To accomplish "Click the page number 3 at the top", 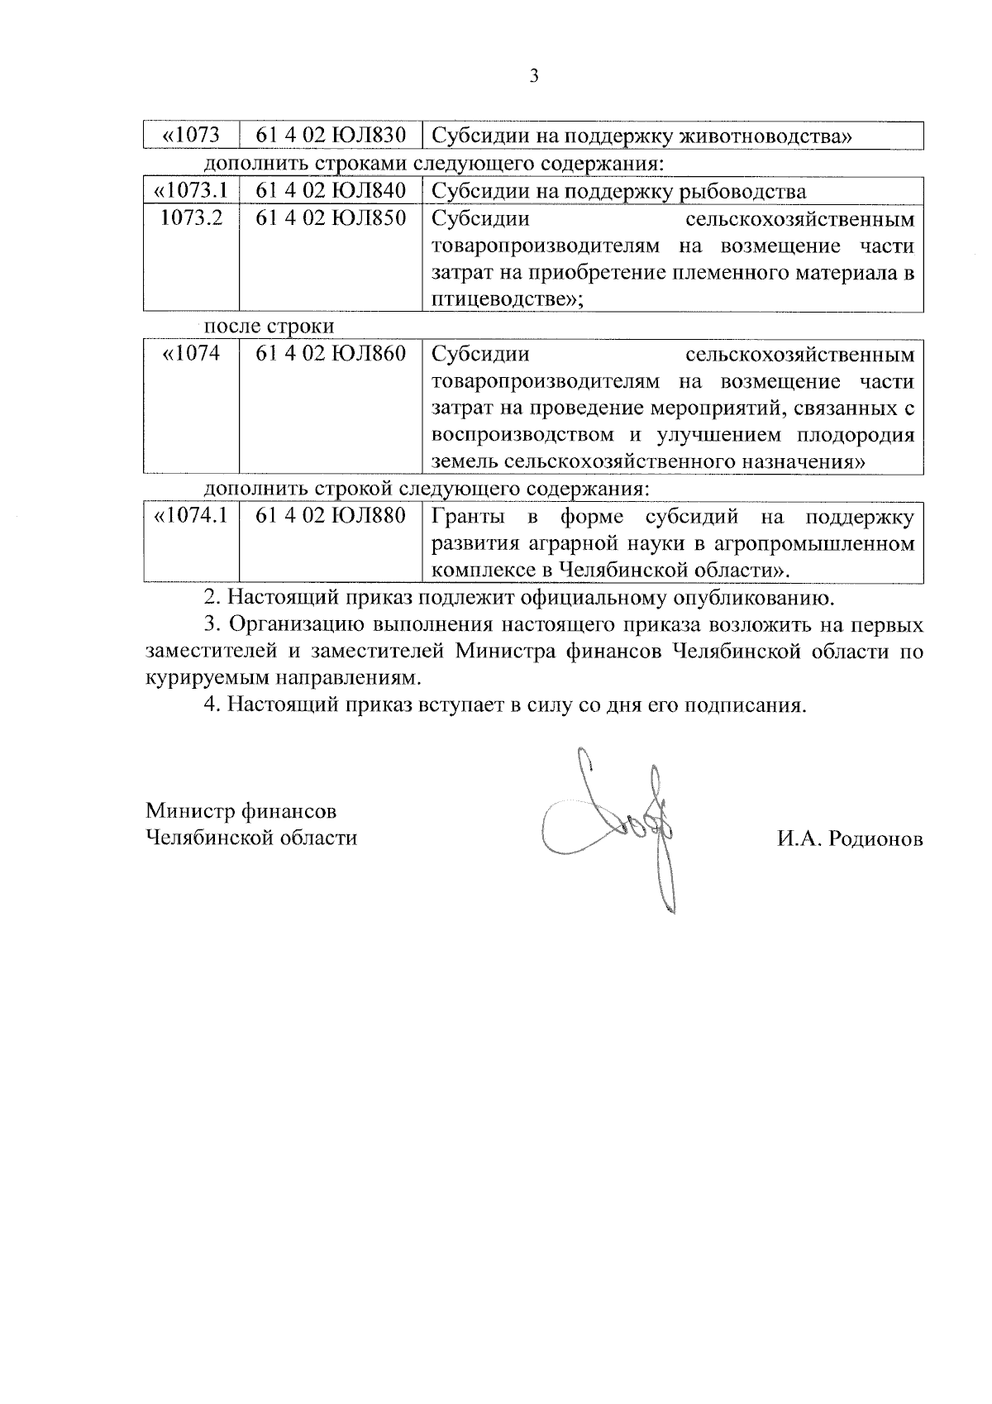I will pyautogui.click(x=533, y=77).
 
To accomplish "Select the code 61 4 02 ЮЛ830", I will pyautogui.click(x=331, y=136).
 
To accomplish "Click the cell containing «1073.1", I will pyautogui.click(x=191, y=191).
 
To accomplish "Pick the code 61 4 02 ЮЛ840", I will pyautogui.click(x=331, y=191).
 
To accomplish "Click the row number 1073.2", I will pyautogui.click(x=191, y=219).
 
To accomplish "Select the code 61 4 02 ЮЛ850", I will pyautogui.click(x=331, y=219).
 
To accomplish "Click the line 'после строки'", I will pyautogui.click(x=269, y=326).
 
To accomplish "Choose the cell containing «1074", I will pyautogui.click(x=191, y=354).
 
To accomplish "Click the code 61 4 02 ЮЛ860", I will pyautogui.click(x=331, y=354).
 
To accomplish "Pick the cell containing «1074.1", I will pyautogui.click(x=191, y=517).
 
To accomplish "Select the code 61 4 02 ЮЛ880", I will pyautogui.click(x=331, y=517).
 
